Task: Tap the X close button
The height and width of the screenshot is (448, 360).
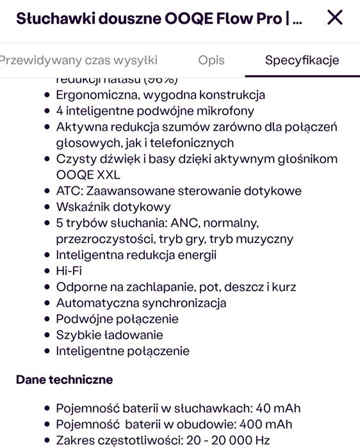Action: click(334, 18)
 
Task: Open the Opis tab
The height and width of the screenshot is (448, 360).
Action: click(211, 60)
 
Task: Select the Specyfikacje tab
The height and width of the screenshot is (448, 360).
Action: click(302, 60)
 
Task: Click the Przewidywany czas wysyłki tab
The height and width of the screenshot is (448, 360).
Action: click(78, 60)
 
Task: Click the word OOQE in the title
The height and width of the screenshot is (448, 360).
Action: click(190, 19)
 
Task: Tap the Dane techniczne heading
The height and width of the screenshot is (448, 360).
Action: click(64, 379)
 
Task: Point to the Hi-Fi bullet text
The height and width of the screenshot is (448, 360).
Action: click(69, 271)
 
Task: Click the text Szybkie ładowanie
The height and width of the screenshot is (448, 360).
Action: click(110, 335)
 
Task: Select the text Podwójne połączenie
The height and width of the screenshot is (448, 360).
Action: click(117, 319)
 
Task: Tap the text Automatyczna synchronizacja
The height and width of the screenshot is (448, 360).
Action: click(141, 303)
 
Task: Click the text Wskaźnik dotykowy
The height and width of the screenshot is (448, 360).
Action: click(113, 207)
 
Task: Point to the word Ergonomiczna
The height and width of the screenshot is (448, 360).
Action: click(95, 95)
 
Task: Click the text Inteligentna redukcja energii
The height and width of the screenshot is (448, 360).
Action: click(136, 255)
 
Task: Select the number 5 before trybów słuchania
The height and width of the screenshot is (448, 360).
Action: click(60, 223)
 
